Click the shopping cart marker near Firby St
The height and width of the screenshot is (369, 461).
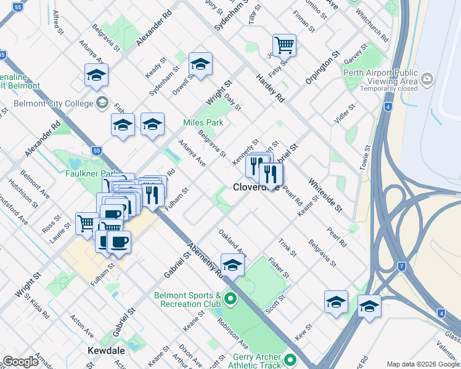284,44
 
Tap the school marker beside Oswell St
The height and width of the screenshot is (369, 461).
200,63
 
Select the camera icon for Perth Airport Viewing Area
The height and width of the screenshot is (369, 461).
427,79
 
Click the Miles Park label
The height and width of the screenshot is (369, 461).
203,123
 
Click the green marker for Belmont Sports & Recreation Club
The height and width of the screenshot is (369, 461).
231,300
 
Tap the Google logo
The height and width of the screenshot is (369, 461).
21,362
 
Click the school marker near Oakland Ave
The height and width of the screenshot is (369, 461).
232,265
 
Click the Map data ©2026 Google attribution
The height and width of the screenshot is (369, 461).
423,364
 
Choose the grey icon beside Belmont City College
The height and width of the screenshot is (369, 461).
102,103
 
